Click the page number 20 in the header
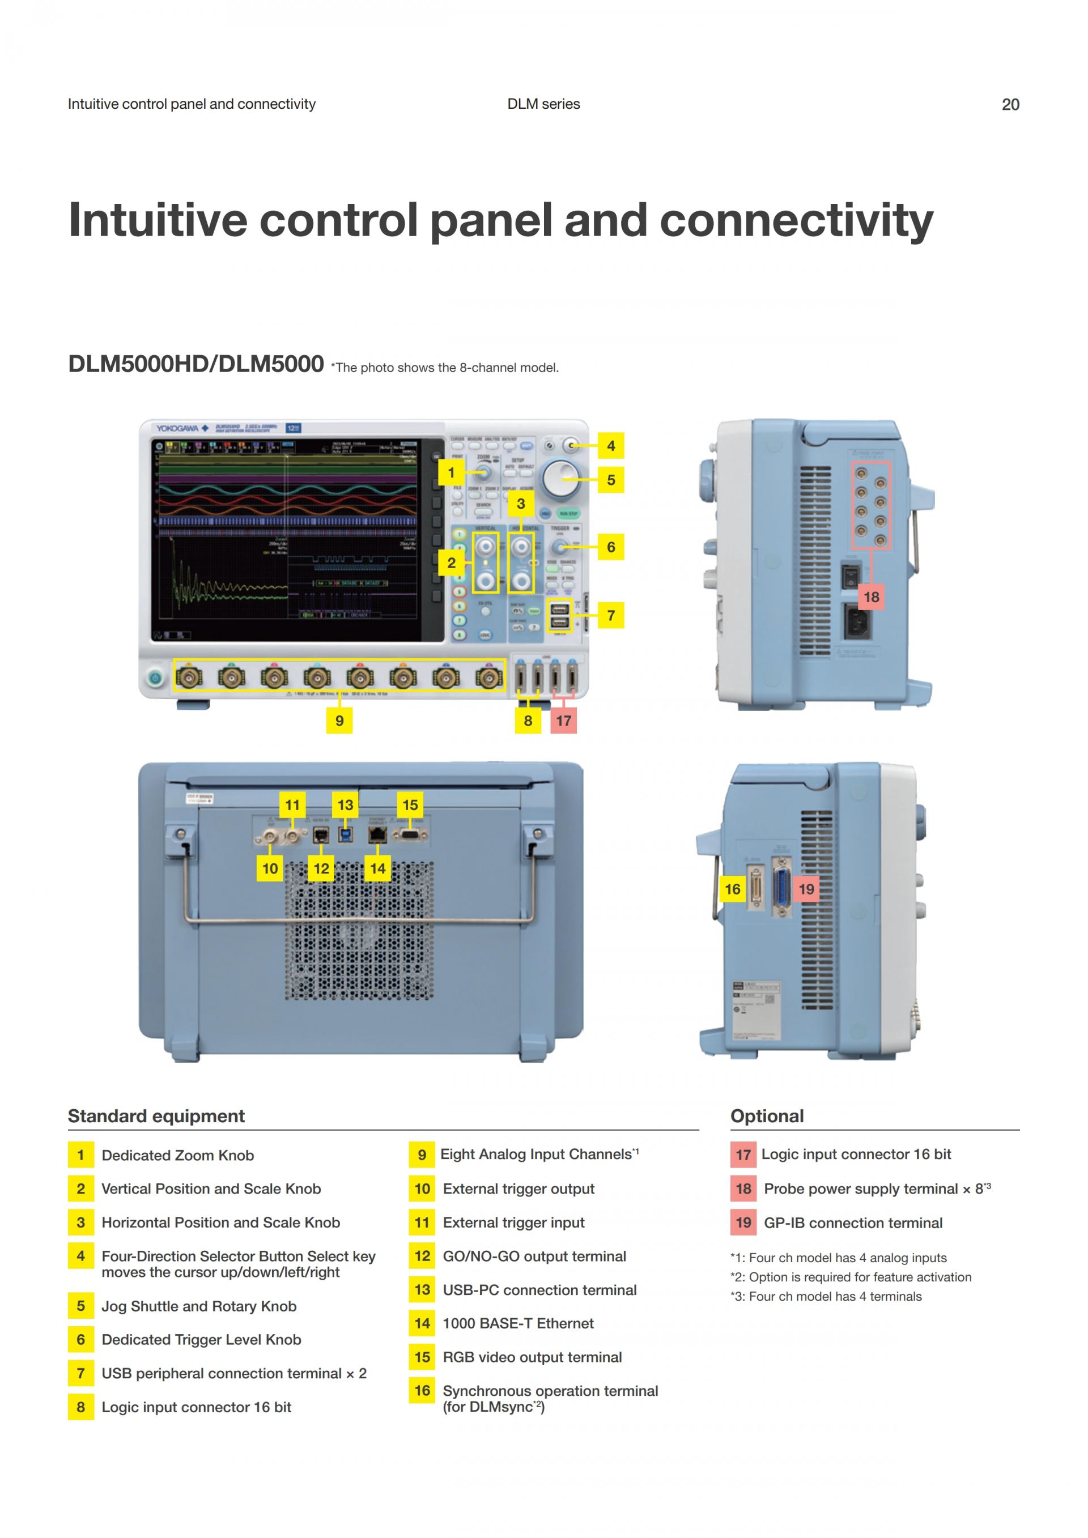coord(1010,104)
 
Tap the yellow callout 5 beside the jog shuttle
coord(610,480)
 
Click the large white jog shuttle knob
coord(562,477)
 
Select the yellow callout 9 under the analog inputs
coord(339,720)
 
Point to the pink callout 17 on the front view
coord(563,720)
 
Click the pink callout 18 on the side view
coord(871,597)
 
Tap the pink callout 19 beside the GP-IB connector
coord(806,889)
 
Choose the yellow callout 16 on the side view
coord(732,889)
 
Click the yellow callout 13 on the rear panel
coord(345,804)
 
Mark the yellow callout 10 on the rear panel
coord(270,868)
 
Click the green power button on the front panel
coord(155,678)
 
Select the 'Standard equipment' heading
coord(156,1116)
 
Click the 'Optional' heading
coord(767,1116)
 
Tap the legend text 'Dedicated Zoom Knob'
coord(177,1155)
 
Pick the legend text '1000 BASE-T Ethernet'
coord(518,1323)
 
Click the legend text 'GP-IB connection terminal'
coord(853,1222)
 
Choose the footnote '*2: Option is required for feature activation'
coord(850,1277)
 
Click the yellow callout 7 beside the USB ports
coord(610,615)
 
